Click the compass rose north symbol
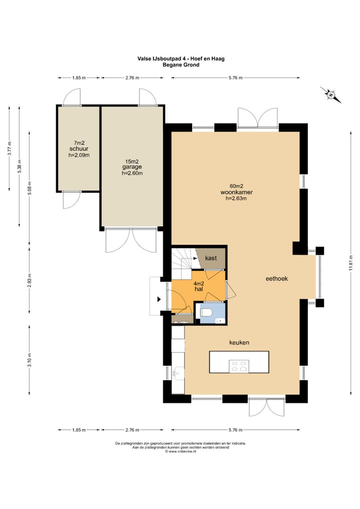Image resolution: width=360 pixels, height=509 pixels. (x=331, y=95)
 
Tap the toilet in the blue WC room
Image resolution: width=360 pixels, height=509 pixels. (x=206, y=312)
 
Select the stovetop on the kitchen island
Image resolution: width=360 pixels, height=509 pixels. (x=239, y=366)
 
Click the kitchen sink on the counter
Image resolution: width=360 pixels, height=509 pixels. (x=178, y=373)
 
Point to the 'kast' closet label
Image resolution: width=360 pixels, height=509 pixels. (x=211, y=258)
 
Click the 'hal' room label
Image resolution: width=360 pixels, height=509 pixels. (x=198, y=288)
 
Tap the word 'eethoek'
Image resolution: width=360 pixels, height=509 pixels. (x=276, y=278)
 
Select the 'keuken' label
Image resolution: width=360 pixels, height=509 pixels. (x=239, y=342)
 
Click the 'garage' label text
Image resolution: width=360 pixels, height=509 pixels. (x=132, y=167)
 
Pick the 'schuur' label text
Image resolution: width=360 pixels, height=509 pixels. (x=79, y=148)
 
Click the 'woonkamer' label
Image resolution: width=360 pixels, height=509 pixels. (x=236, y=192)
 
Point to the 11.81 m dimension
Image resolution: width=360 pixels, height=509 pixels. (x=350, y=262)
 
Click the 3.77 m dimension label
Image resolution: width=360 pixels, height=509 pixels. (x=9, y=148)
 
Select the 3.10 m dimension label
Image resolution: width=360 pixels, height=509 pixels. (x=29, y=359)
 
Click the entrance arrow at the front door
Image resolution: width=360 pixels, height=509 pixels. (x=159, y=299)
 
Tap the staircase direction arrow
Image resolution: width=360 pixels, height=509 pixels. (x=195, y=258)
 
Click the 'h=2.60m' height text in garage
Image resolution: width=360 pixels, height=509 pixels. (x=132, y=173)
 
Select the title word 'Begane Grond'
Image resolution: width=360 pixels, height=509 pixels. (x=181, y=64)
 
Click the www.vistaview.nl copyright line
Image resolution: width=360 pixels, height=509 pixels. (x=180, y=451)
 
